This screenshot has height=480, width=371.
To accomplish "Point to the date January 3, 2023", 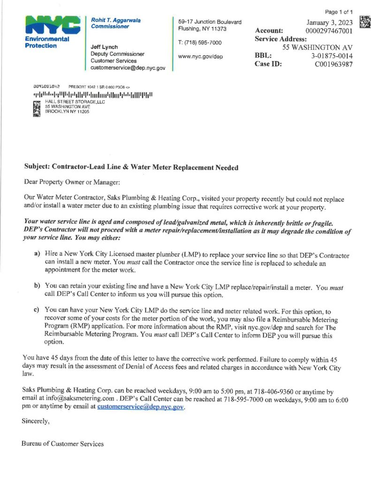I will [x=330, y=22].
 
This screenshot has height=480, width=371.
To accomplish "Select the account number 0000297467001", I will [x=329, y=30].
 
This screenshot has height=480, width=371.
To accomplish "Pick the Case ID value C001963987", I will [x=333, y=64].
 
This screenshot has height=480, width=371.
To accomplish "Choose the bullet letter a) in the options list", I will [x=36, y=254].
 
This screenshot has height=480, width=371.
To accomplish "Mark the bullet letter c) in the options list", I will [x=36, y=310].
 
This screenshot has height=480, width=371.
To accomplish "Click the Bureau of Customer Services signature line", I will [x=62, y=443].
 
